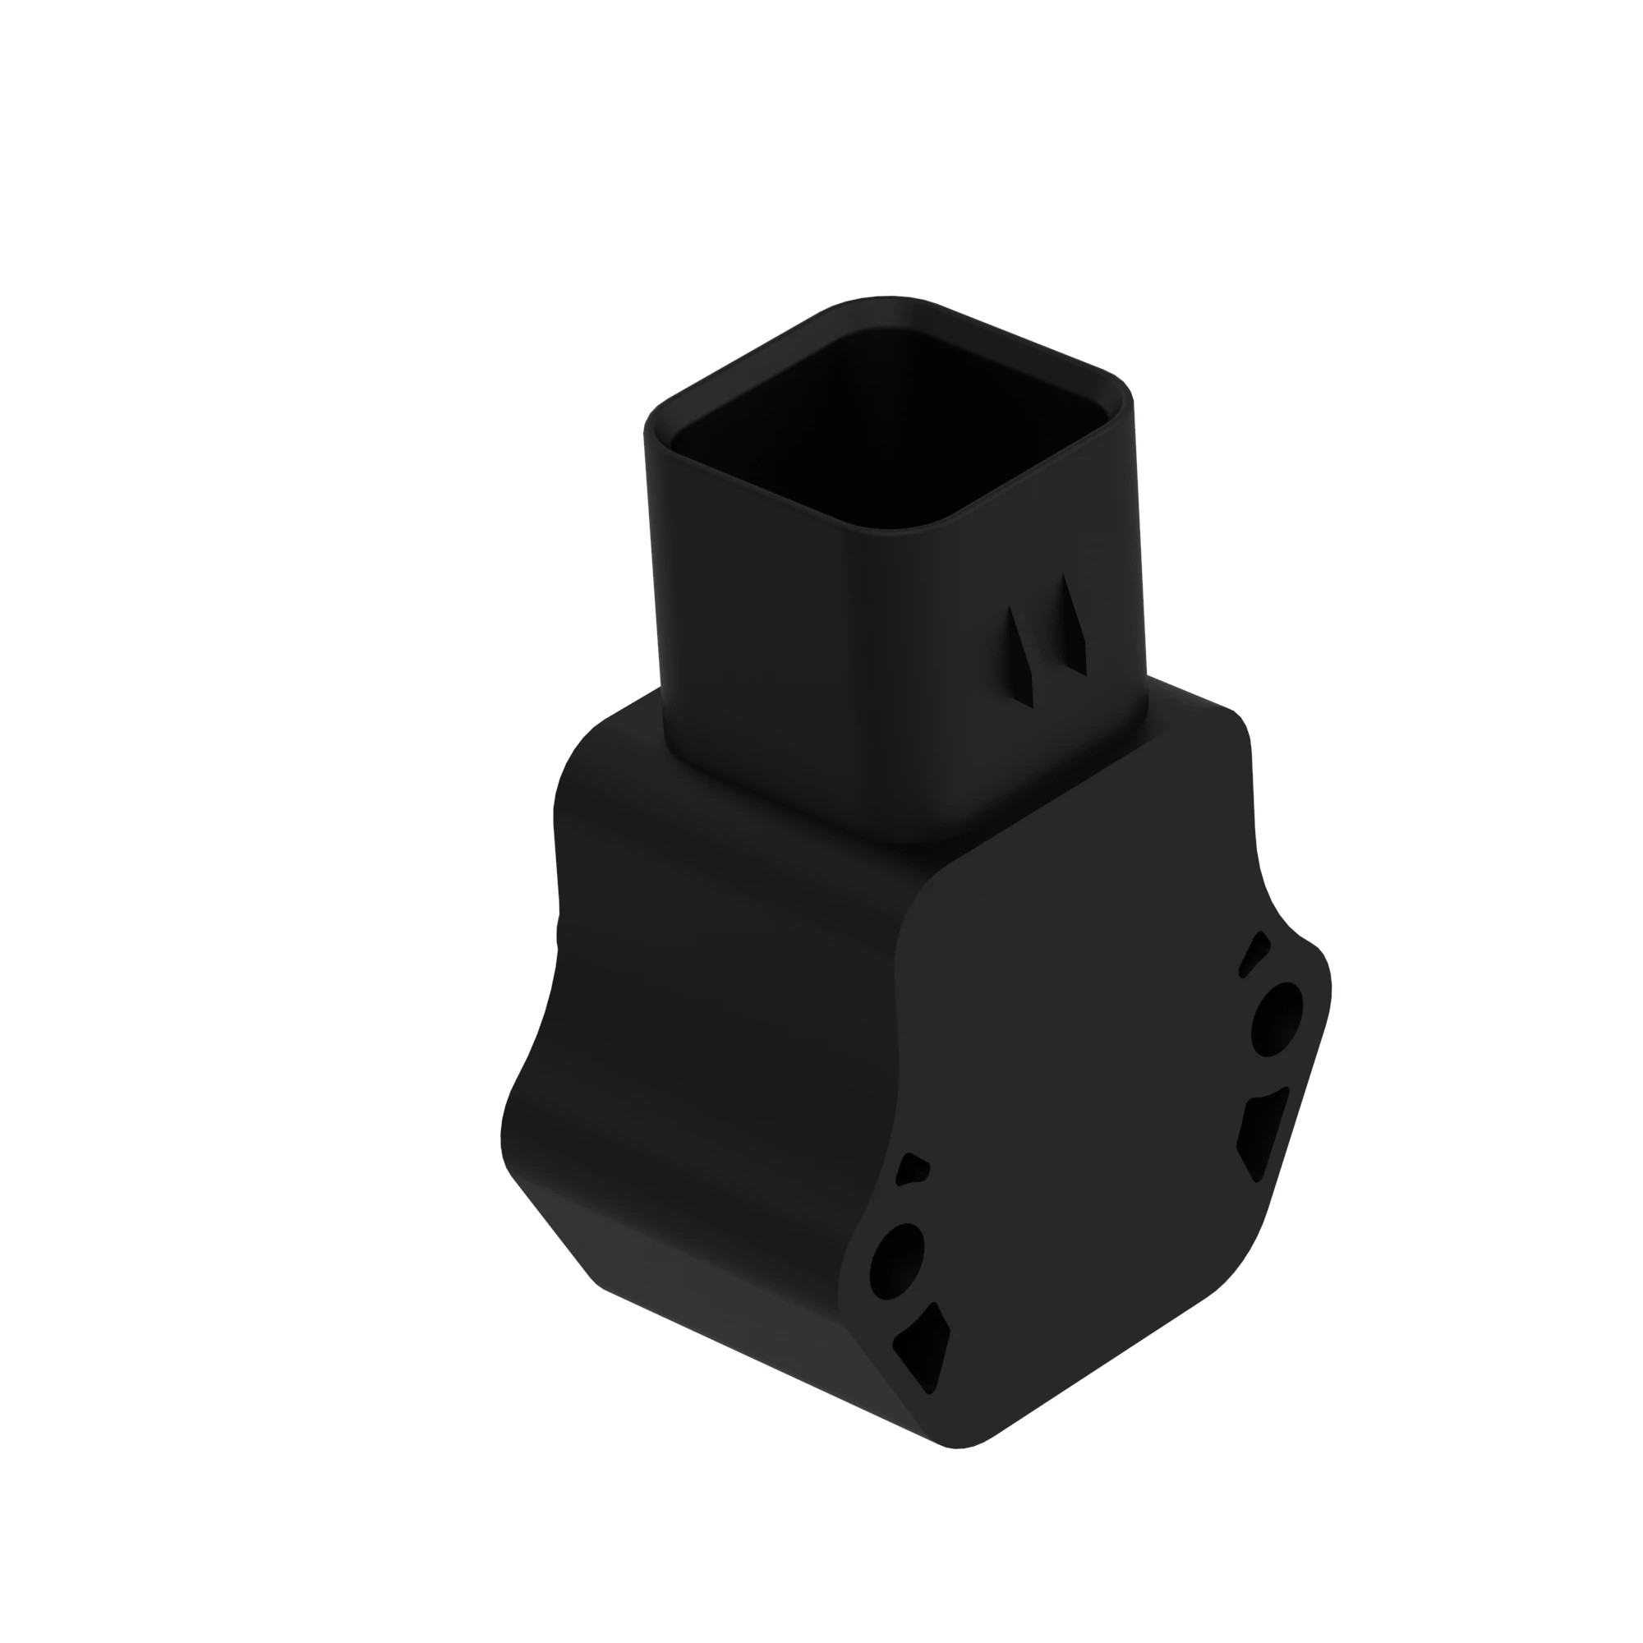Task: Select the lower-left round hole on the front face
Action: tap(896, 1261)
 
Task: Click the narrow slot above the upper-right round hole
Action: tap(1254, 953)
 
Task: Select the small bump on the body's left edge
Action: tap(559, 932)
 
